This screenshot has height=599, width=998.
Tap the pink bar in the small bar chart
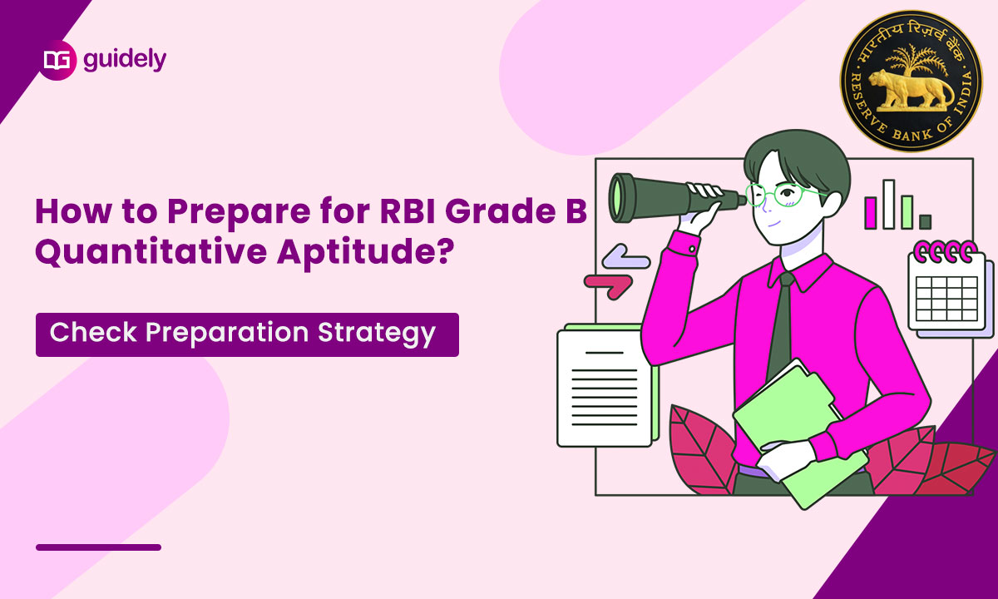[872, 212]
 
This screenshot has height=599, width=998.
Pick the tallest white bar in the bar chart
[889, 204]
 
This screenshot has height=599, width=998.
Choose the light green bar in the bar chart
[907, 212]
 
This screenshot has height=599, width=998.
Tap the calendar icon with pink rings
[948, 287]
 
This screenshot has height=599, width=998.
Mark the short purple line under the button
[98, 547]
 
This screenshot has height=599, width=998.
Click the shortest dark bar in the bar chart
[925, 221]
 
